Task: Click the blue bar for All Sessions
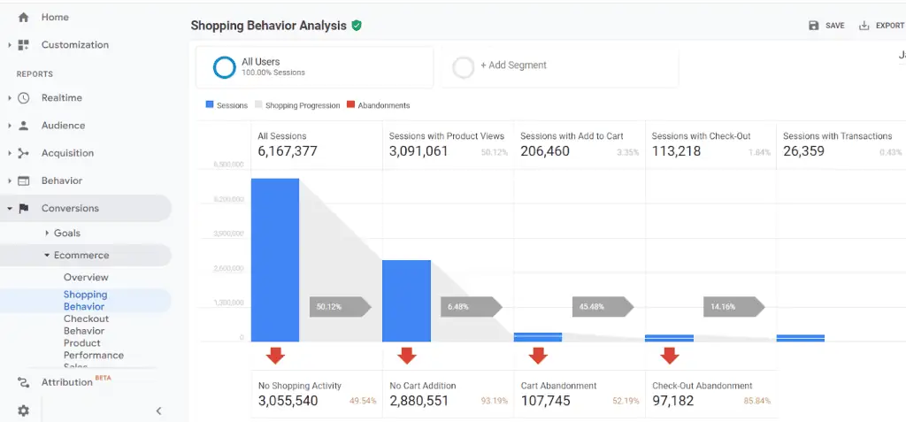(x=274, y=260)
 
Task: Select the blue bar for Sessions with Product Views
(x=406, y=301)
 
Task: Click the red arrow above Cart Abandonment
(x=538, y=356)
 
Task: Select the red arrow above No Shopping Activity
(x=275, y=356)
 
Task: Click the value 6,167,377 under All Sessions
(x=288, y=151)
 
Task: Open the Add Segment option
(x=512, y=65)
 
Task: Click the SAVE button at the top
(x=826, y=26)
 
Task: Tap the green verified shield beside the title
(x=357, y=26)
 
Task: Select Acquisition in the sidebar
(x=67, y=153)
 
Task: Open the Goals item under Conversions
(x=67, y=233)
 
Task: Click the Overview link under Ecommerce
(x=86, y=277)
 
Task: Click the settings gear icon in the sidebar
(x=23, y=410)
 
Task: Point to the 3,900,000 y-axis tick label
(x=228, y=234)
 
